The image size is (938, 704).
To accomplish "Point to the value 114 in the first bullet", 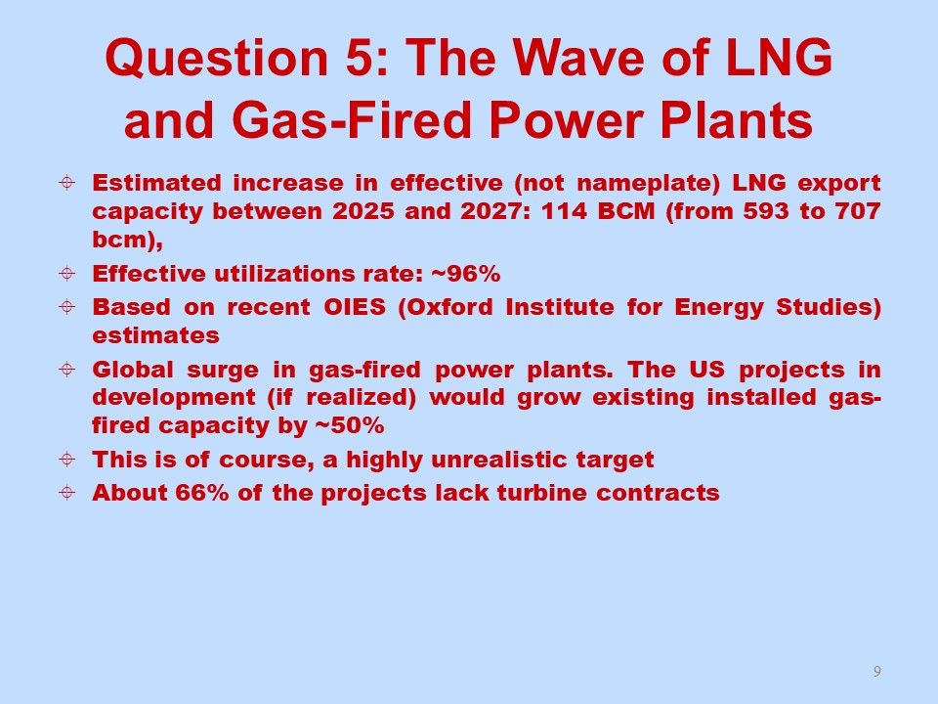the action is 564,211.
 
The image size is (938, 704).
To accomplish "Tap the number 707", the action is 858,211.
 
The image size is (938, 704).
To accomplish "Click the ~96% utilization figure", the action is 465,274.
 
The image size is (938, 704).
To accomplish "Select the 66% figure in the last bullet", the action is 202,493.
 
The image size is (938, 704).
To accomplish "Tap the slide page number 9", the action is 877,671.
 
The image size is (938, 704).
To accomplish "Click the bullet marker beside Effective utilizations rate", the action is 67,274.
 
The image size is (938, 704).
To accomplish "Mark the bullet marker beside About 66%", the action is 67,493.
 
